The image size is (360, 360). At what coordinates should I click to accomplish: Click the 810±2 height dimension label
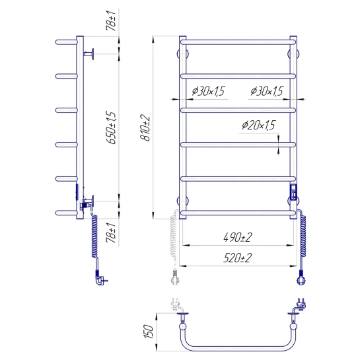[x=145, y=128]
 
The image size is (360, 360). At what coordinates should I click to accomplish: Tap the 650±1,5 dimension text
[x=112, y=127]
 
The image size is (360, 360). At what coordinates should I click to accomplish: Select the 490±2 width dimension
[x=238, y=237]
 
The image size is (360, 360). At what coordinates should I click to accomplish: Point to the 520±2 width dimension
[x=237, y=258]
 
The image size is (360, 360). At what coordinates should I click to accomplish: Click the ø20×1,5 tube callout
[x=258, y=125]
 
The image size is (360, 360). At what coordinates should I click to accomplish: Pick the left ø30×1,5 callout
[x=208, y=91]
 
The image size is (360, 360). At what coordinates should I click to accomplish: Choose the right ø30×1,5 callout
[x=267, y=91]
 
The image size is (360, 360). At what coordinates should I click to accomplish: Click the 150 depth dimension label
[x=149, y=332]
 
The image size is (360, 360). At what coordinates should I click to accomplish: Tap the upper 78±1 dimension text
[x=111, y=20]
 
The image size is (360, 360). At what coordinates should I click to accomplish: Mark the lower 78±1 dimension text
[x=111, y=232]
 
